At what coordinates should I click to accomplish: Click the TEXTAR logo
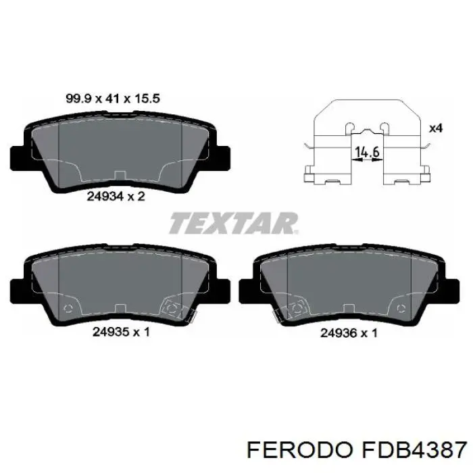point(234,223)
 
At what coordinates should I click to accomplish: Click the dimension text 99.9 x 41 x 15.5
point(113,99)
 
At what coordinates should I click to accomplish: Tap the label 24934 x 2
point(116,197)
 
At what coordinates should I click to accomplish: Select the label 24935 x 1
point(121,332)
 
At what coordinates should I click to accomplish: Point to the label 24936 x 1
point(349,333)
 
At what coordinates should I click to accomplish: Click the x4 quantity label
point(436,128)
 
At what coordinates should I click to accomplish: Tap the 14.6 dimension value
point(367,152)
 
